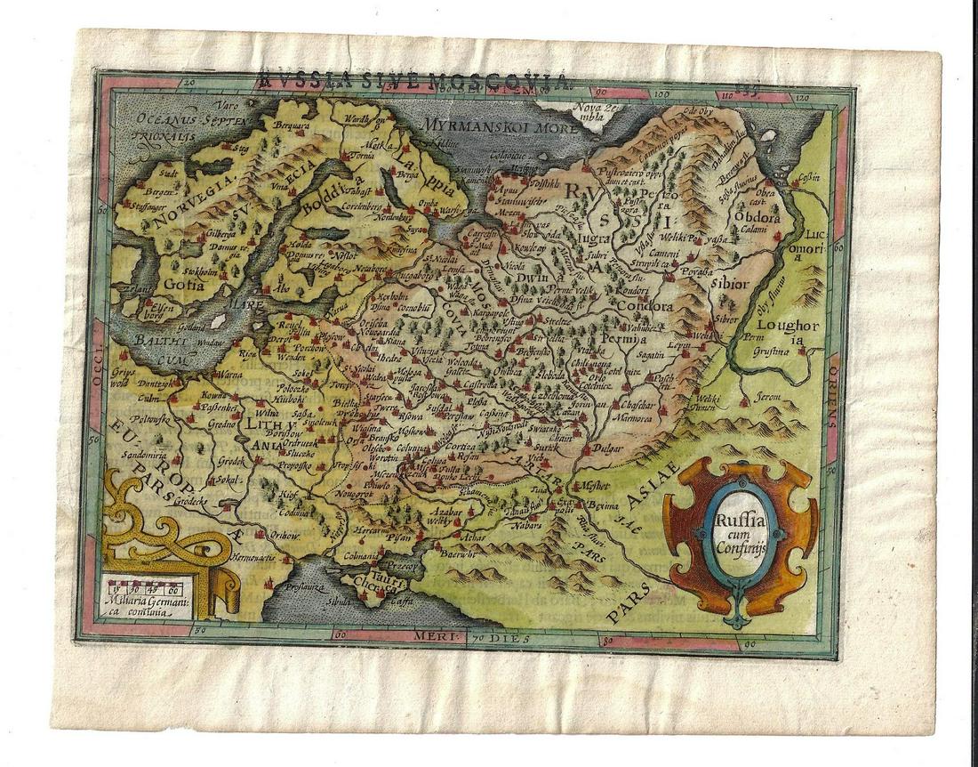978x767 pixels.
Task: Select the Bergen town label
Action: pyautogui.click(x=153, y=191)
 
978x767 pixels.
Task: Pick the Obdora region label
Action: pyautogui.click(x=757, y=217)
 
